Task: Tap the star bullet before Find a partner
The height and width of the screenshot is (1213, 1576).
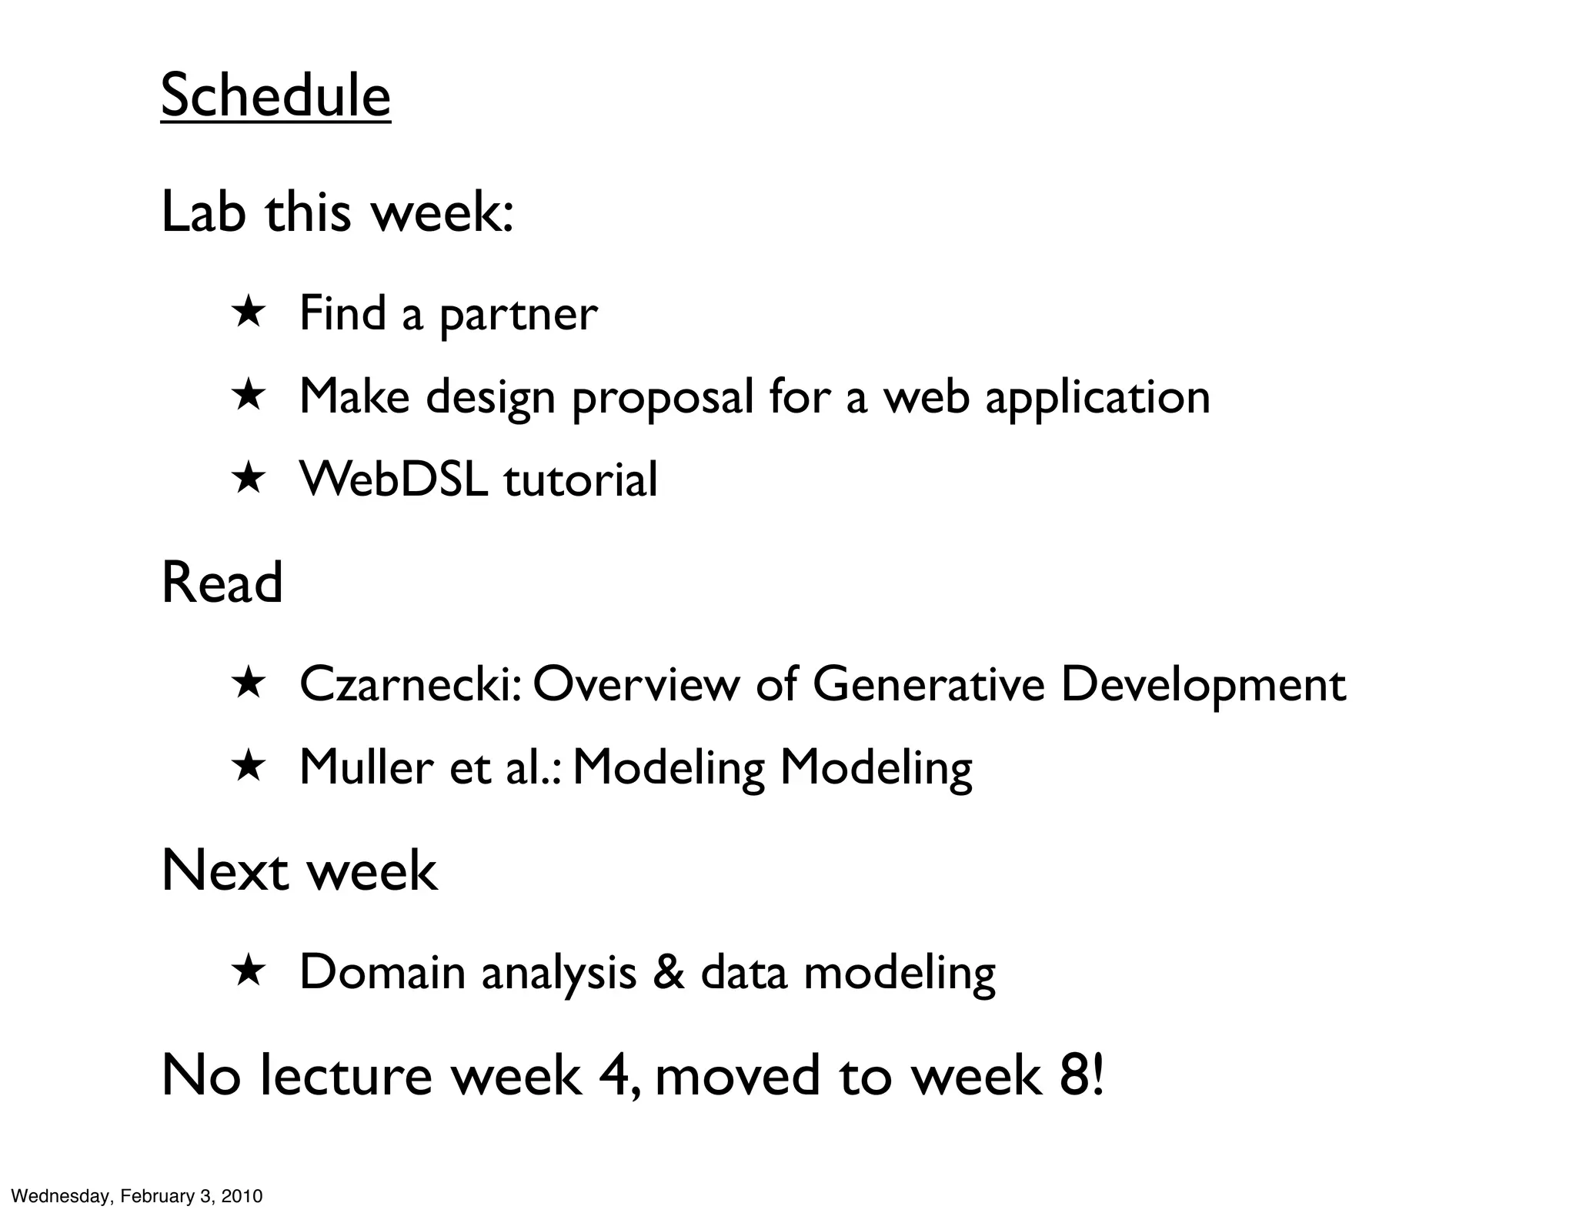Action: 248,313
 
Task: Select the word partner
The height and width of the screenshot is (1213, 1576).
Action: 518,315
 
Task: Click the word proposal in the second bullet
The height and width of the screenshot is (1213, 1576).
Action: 663,398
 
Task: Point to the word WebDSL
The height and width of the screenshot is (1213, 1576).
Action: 393,480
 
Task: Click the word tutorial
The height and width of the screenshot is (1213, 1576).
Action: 580,480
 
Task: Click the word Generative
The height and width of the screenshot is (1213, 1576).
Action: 928,684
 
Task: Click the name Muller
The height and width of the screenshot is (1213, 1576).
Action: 367,767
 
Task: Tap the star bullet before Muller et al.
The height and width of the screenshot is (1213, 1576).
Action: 248,767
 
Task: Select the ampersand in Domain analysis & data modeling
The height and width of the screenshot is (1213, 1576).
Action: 668,972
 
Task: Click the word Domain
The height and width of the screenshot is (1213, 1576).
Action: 382,972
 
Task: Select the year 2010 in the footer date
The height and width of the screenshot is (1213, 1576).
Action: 242,1196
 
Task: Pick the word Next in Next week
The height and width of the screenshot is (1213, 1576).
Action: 225,870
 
